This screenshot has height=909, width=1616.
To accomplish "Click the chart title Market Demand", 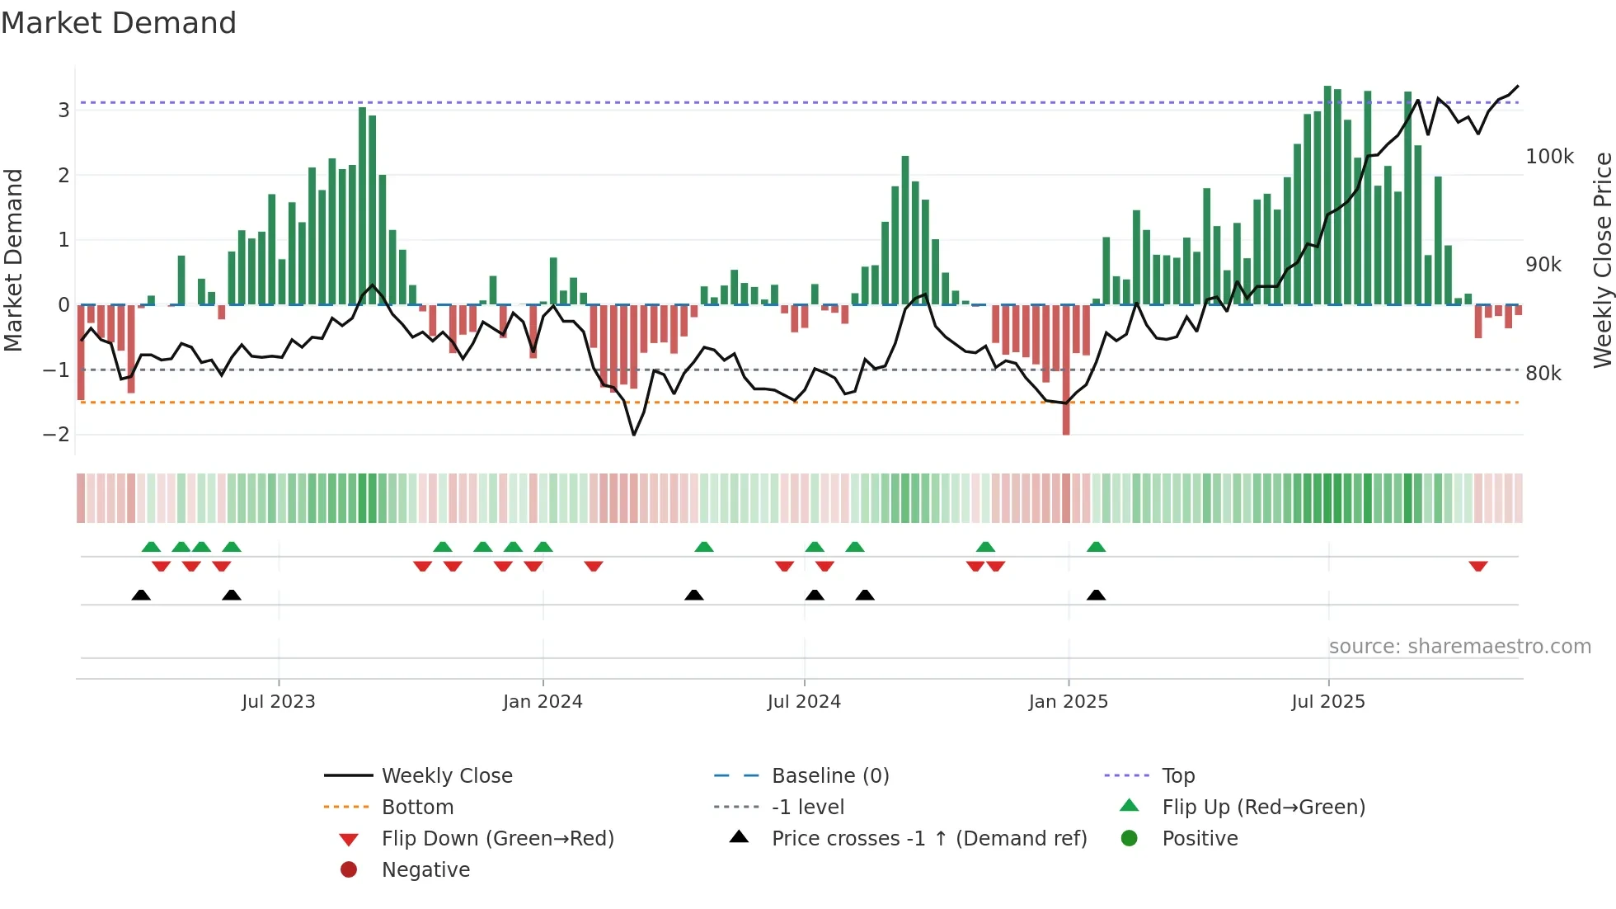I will [x=119, y=23].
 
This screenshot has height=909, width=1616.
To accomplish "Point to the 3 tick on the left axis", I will [x=63, y=111].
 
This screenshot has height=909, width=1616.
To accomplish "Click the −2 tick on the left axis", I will [x=57, y=435].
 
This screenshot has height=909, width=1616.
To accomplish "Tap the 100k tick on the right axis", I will [x=1549, y=157].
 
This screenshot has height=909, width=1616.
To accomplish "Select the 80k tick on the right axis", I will [x=1543, y=374].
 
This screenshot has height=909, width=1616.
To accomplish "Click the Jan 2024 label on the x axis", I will [x=543, y=702].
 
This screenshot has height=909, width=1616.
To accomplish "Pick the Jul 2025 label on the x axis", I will [x=1327, y=702].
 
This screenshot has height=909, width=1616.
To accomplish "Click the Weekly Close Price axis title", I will [x=1602, y=260].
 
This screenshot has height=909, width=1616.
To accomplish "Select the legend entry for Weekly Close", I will [x=446, y=776].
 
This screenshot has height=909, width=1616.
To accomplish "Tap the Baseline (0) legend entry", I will [x=829, y=776].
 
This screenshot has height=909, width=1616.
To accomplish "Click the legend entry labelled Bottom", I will [x=417, y=808].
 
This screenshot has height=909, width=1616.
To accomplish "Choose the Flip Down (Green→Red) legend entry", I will [x=497, y=839].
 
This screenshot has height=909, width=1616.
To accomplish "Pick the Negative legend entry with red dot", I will [x=425, y=870].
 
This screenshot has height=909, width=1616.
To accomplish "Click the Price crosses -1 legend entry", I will [x=928, y=839].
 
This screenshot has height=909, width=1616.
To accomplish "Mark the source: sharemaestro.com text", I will [x=1459, y=647].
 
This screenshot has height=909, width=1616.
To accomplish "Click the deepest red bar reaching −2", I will [x=1066, y=371].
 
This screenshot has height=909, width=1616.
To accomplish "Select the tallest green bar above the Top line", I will [x=1327, y=194].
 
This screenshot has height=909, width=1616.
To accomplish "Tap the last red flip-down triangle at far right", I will [x=1477, y=566].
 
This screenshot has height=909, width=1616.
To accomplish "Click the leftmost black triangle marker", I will [x=141, y=595].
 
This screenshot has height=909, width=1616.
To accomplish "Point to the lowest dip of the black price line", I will [x=633, y=434].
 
